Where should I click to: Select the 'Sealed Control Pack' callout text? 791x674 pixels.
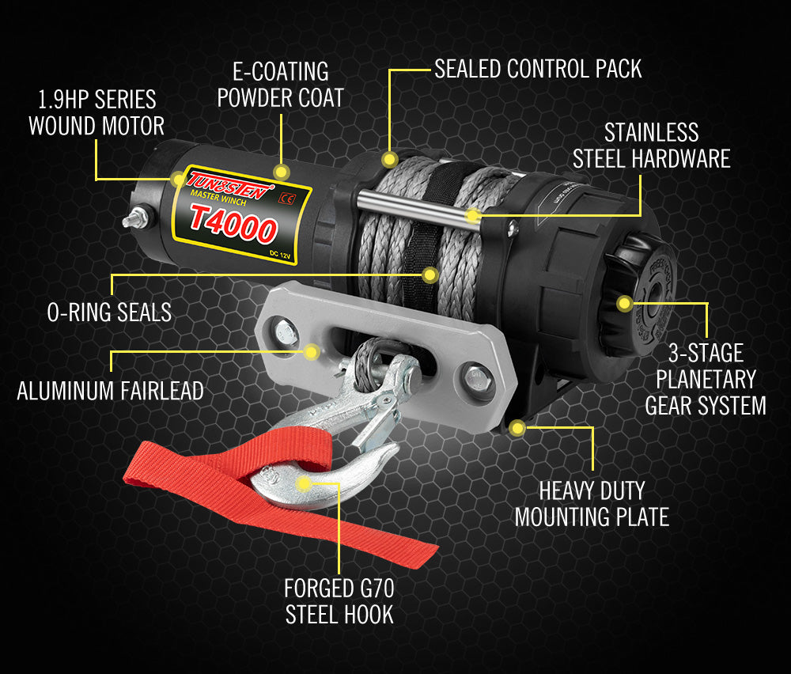point(538,69)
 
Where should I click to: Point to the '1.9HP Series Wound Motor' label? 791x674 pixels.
point(96,112)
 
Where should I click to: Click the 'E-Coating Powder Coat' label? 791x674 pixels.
point(280,85)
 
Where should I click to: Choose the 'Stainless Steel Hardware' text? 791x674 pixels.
point(651,145)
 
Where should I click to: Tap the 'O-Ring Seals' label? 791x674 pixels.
point(109,312)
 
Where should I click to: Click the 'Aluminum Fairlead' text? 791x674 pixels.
point(110,390)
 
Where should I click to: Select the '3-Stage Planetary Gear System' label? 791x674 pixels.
point(705,379)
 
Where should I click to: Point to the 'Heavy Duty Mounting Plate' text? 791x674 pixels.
point(592,504)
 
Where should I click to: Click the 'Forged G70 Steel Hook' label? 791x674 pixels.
point(339,602)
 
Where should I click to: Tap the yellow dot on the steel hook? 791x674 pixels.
point(303,482)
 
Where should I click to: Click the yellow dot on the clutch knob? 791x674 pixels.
point(625,302)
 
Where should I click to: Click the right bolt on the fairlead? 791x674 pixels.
point(475,378)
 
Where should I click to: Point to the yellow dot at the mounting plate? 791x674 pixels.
point(517,429)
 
